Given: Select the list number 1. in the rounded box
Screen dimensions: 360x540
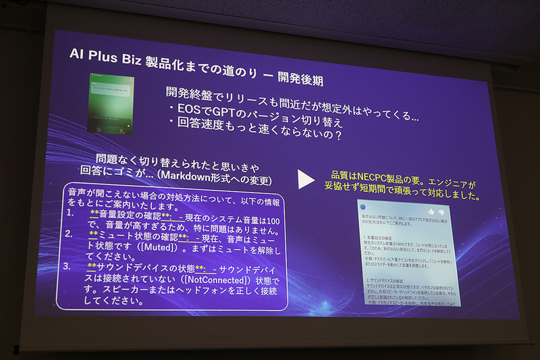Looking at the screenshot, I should [71, 213].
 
